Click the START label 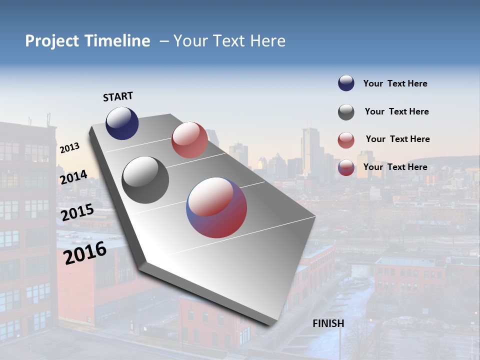tap(118, 96)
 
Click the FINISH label tap(328, 323)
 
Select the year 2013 tap(69, 148)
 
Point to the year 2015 tap(77, 212)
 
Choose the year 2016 tap(85, 253)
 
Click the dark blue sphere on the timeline tap(122, 123)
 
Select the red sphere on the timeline tap(189, 140)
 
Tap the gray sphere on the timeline tap(145, 180)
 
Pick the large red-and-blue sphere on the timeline tap(216, 207)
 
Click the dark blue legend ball tap(346, 83)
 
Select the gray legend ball tap(346, 112)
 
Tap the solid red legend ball tap(346, 140)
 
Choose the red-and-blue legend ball tap(346, 168)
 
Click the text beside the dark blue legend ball tap(395, 84)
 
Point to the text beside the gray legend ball tap(396, 111)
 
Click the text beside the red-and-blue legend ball tap(395, 167)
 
